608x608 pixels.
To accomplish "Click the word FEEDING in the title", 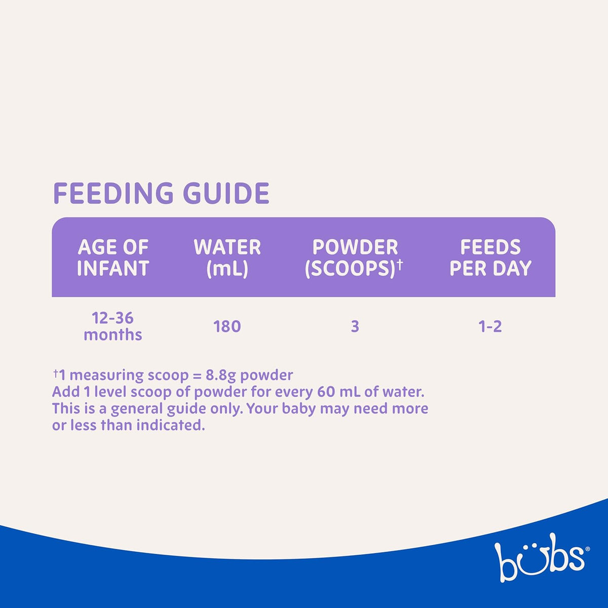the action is click(113, 193).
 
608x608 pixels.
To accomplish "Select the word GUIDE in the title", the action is click(226, 193).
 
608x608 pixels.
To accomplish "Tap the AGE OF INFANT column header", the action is click(113, 257).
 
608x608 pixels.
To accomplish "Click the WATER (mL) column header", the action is click(227, 258).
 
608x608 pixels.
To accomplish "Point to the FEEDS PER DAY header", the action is click(490, 257).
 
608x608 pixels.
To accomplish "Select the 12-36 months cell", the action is click(113, 326).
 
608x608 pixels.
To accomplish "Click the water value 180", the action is click(227, 326).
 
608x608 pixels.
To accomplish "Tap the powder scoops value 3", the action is click(355, 326).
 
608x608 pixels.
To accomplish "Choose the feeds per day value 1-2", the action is click(490, 326).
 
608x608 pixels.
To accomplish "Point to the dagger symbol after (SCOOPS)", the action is click(400, 265).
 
